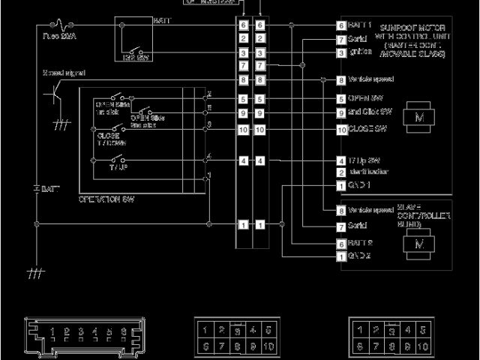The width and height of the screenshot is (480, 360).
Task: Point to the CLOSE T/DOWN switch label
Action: tap(108, 139)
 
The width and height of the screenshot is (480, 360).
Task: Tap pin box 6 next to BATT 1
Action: tap(341, 25)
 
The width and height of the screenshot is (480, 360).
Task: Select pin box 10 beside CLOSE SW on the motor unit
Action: tap(341, 129)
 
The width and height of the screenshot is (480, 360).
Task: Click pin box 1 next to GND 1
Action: tap(341, 184)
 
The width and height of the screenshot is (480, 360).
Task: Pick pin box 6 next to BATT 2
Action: tap(341, 244)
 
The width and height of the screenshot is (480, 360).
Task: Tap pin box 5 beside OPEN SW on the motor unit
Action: tap(341, 98)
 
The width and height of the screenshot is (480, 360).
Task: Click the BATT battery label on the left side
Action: tap(50, 187)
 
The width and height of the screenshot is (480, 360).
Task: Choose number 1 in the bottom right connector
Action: tap(361, 330)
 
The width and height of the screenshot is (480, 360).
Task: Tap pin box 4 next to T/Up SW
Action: tap(341, 160)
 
